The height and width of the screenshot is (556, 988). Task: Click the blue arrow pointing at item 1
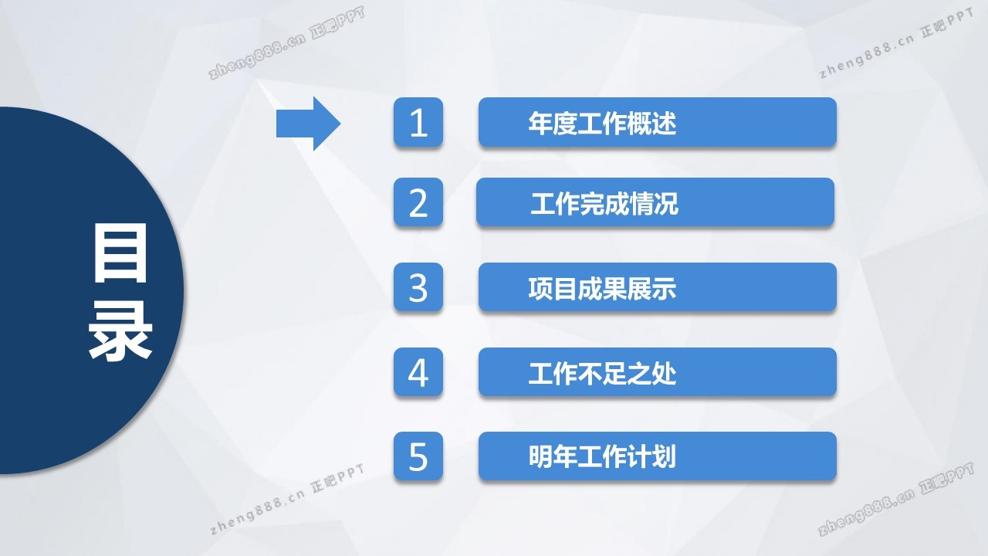pos(308,124)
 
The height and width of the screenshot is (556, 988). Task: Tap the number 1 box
pos(418,122)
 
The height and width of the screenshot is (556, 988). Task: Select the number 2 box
pos(418,202)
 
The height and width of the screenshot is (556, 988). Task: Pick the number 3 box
pos(418,287)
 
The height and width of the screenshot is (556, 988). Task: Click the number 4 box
pos(418,372)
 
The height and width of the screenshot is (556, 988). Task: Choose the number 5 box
pos(418,456)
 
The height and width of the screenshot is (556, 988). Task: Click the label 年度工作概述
pos(603,123)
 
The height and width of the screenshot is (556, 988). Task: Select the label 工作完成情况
pos(604,203)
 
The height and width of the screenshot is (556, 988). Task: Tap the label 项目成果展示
pos(603,289)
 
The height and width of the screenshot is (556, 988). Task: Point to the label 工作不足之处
pos(603,373)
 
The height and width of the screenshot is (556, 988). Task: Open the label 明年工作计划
pos(603,456)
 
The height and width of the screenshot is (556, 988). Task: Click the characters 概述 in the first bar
pos(652,123)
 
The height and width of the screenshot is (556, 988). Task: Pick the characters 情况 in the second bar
pos(654,203)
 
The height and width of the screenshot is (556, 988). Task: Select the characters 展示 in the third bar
pos(652,289)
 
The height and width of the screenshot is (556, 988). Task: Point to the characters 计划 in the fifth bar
pos(652,456)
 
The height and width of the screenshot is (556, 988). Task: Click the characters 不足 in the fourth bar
pos(603,373)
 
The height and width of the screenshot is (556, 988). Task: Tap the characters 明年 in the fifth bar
pos(553,456)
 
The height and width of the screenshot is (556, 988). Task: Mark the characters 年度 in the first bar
pos(553,123)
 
